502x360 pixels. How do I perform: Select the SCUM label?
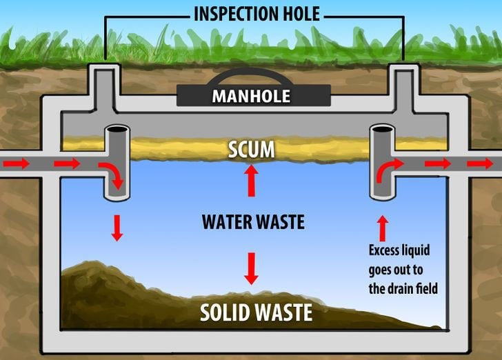coord(252,149)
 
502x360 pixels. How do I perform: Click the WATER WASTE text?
coord(253,222)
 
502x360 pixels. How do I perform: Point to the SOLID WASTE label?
coord(256,312)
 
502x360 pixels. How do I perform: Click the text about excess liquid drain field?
coord(403,269)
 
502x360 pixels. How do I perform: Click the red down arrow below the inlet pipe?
coord(117,227)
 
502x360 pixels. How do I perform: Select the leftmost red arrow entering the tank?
coord(19,163)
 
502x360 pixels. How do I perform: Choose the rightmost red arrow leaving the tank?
coord(481,163)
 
